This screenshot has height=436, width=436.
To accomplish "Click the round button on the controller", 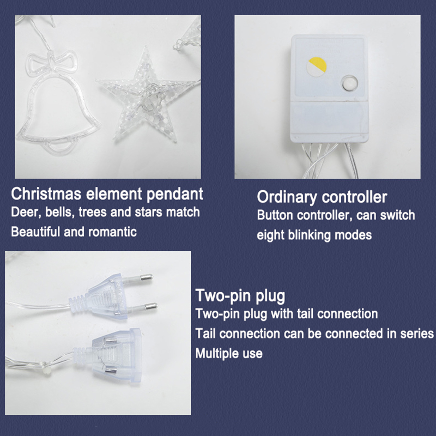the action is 349,83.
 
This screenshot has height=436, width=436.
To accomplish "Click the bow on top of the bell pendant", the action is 51,64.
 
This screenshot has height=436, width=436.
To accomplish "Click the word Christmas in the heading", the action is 46,194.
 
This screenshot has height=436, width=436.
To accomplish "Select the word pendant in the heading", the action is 175,195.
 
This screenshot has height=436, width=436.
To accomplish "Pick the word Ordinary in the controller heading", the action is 287,197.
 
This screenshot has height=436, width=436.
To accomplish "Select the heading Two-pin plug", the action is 240,296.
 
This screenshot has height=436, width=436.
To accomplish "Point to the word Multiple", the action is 217,354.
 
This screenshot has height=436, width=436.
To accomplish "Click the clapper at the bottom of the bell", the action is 58,147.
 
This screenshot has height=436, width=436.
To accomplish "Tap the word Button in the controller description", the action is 275,215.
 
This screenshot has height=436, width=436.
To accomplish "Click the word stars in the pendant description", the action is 148,212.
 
